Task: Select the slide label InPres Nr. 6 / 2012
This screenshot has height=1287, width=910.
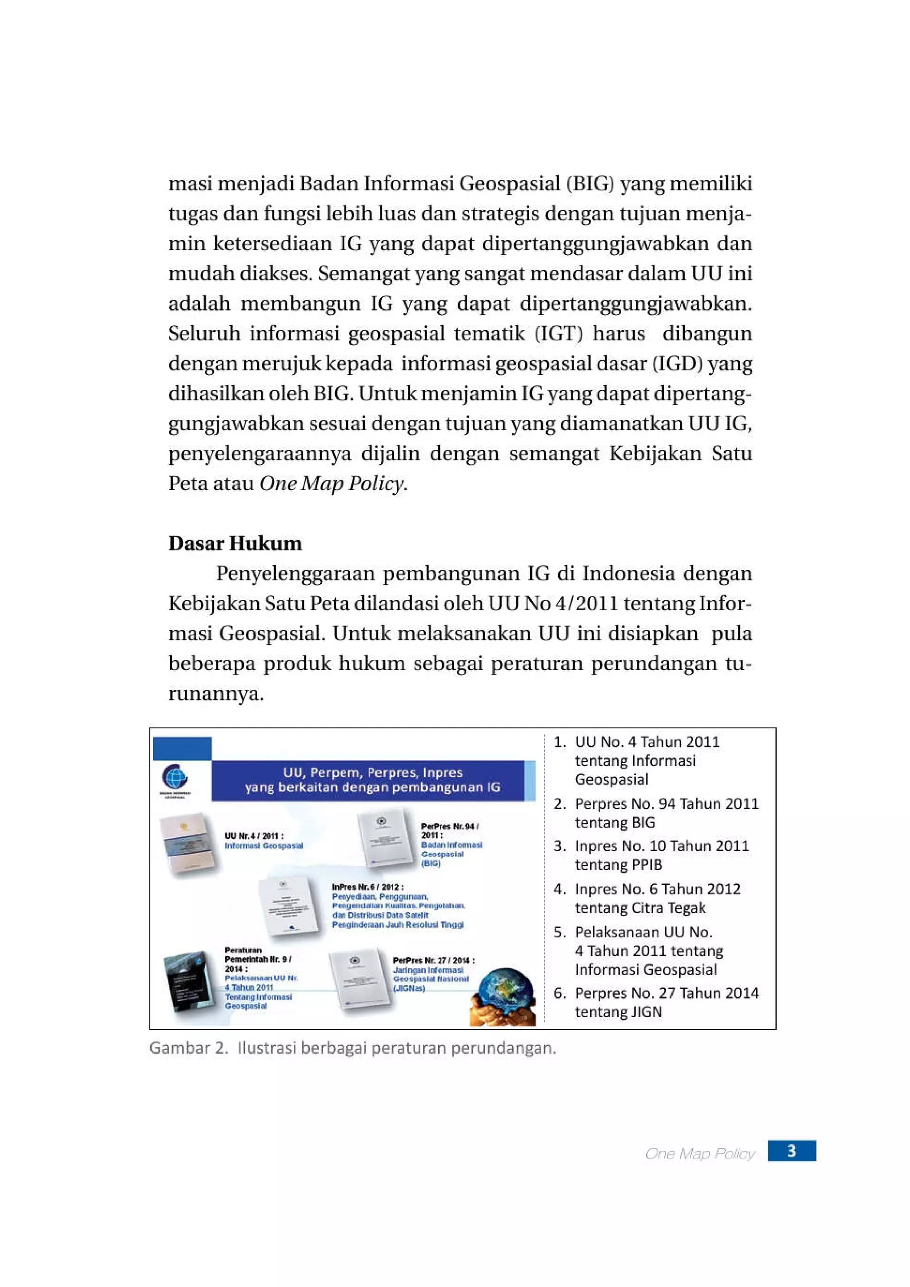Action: pyautogui.click(x=367, y=887)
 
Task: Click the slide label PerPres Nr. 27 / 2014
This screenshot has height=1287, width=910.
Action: pyautogui.click(x=433, y=960)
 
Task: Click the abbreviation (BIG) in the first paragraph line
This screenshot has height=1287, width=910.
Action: pyautogui.click(x=591, y=184)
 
